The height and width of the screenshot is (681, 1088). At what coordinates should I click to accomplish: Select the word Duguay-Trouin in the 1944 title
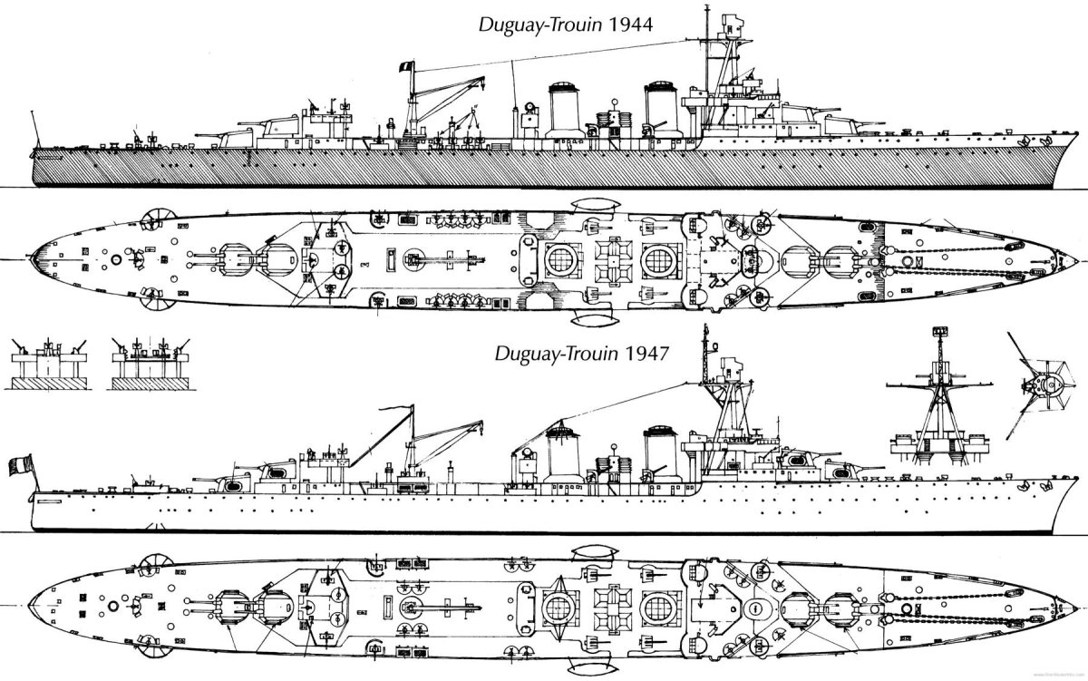(x=540, y=25)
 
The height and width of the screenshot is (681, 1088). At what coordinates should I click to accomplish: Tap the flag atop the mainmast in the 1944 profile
(x=406, y=66)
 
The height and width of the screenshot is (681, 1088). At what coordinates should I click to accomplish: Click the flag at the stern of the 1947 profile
(x=20, y=465)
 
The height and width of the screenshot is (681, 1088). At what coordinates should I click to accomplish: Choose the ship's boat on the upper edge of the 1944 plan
(x=596, y=205)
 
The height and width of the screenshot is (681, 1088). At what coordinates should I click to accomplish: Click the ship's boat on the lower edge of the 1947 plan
(x=595, y=666)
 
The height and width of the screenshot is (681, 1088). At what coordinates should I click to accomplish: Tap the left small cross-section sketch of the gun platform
(x=49, y=364)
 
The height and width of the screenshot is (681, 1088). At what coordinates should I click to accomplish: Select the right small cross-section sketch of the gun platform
(x=151, y=364)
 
